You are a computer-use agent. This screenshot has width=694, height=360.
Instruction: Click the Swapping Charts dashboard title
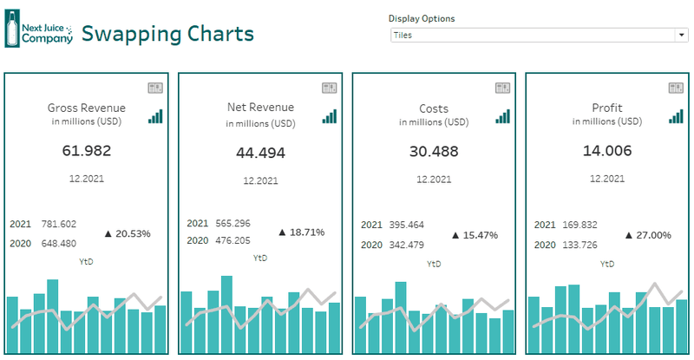point(167,34)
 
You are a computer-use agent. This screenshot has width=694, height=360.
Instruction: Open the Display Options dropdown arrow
point(681,35)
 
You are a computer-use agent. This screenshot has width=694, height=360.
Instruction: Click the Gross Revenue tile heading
point(86,108)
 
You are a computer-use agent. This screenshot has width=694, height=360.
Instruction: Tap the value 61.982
point(86,150)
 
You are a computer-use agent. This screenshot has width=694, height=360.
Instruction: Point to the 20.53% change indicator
point(128,233)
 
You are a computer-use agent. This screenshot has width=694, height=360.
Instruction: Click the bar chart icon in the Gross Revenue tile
point(155,116)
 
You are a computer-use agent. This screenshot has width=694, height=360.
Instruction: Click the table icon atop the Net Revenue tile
point(329,88)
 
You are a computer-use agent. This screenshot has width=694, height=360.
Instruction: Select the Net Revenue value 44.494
point(260,153)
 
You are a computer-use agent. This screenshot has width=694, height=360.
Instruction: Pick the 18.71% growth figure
point(301,232)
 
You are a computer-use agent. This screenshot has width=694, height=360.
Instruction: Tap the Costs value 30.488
point(433,151)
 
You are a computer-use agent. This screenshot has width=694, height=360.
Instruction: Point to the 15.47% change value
point(475,235)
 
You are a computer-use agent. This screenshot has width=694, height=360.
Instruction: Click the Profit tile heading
point(606,108)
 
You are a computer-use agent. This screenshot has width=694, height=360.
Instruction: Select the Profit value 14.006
point(606,151)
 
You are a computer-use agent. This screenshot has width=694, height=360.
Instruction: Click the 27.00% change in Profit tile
point(648,235)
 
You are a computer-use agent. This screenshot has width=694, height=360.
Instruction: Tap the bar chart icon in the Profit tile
point(676,116)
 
